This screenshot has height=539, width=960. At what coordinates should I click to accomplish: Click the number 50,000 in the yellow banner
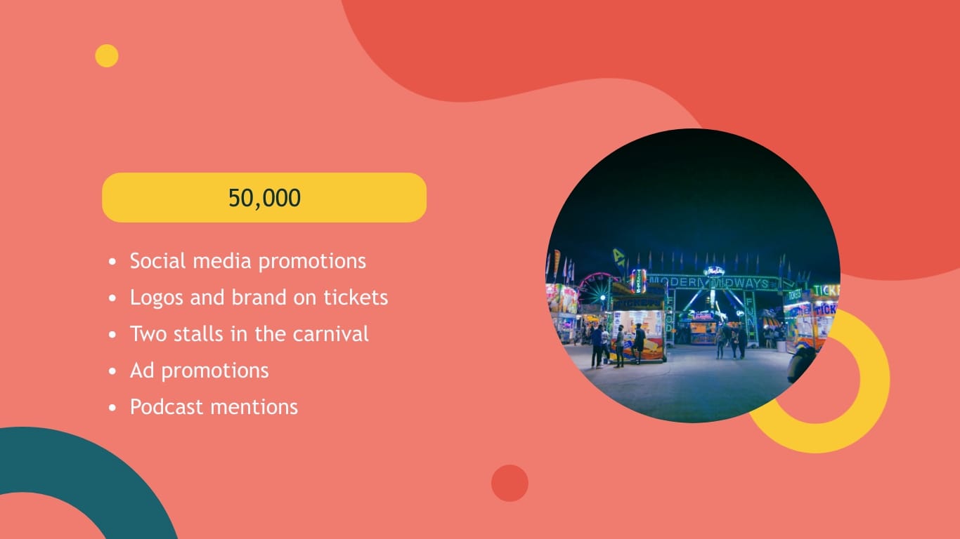[x=264, y=198]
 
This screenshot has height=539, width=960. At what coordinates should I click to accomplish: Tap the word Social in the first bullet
[x=156, y=261]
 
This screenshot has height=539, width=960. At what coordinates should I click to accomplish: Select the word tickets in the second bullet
[x=356, y=298]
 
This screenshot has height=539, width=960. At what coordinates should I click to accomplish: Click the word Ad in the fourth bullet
[x=142, y=371]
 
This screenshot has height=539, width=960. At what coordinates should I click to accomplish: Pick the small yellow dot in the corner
[x=107, y=56]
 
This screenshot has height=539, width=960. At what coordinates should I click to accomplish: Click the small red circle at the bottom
[x=510, y=483]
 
